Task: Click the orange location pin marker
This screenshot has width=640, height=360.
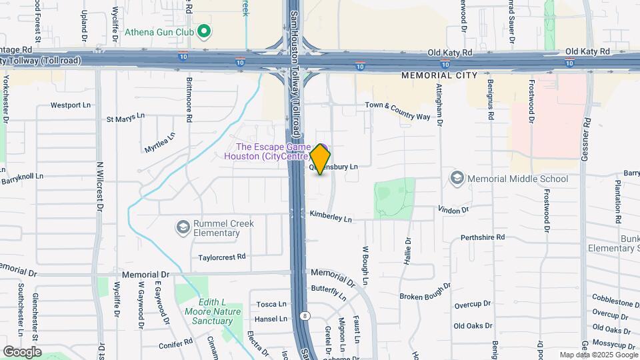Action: pyautogui.click(x=321, y=159)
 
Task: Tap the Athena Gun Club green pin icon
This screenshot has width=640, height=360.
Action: pyautogui.click(x=205, y=31)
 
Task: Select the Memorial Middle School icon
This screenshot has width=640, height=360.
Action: pyautogui.click(x=457, y=178)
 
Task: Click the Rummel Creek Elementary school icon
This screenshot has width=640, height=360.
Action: pyautogui.click(x=182, y=228)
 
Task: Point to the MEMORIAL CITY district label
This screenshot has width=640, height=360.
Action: pyautogui.click(x=439, y=75)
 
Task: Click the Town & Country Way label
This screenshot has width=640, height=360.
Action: pyautogui.click(x=397, y=110)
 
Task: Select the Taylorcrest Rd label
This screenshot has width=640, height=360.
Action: pyautogui.click(x=222, y=257)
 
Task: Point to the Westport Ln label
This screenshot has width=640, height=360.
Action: pyautogui.click(x=70, y=105)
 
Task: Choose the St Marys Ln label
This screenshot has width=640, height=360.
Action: pyautogui.click(x=125, y=118)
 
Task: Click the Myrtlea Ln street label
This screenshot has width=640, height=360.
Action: pyautogui.click(x=160, y=143)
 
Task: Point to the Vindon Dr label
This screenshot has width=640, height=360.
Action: pyautogui.click(x=454, y=209)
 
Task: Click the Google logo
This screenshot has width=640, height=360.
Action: pyautogui.click(x=21, y=351)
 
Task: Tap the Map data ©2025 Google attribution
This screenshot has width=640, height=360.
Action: pyautogui.click(x=597, y=355)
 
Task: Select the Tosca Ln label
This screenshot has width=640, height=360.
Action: pyautogui.click(x=271, y=305)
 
